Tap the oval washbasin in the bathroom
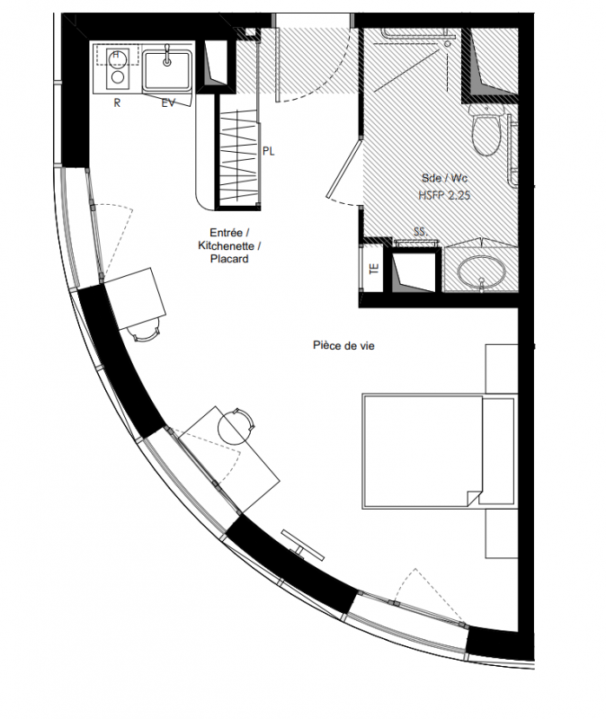click(481, 271)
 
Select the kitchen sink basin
click(167, 70)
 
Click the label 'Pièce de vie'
click(343, 345)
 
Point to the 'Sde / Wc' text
click(444, 178)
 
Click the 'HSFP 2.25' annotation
click(444, 195)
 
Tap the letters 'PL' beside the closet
click(268, 151)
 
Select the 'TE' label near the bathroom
click(374, 269)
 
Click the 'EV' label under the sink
click(168, 103)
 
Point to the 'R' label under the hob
click(117, 103)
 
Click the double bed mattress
click(422, 452)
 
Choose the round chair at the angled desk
click(236, 426)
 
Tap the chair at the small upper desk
click(146, 330)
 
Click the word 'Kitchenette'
click(227, 245)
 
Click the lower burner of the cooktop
click(118, 77)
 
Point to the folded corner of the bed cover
click(475, 498)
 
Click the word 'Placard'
click(229, 259)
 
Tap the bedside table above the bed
click(502, 369)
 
